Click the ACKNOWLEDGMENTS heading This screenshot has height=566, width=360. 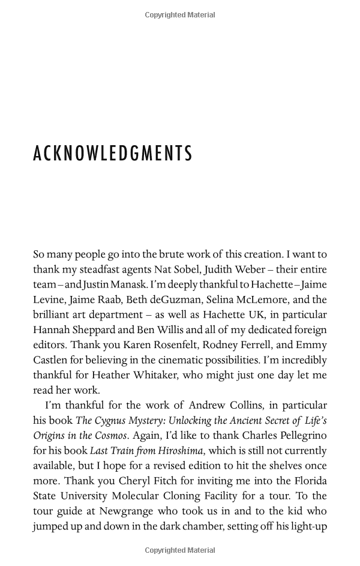[x=113, y=154]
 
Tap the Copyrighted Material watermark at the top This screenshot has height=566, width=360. [x=180, y=15]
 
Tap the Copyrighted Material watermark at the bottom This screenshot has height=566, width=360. [x=180, y=550]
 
